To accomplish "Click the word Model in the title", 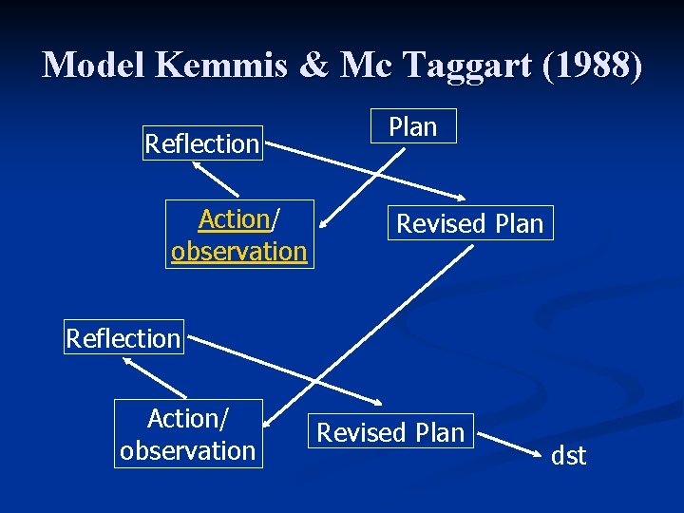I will coord(95,65).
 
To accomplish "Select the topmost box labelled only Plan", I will coord(413,126).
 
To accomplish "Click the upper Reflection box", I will coord(202,143).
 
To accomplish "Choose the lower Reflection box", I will coord(123,337).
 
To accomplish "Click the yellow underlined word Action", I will coord(235,219).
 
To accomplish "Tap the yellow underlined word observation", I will coord(238,252).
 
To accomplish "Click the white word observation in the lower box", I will coord(188,450).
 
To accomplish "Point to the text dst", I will coord(569,456).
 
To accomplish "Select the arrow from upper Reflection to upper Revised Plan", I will coord(366,172).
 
